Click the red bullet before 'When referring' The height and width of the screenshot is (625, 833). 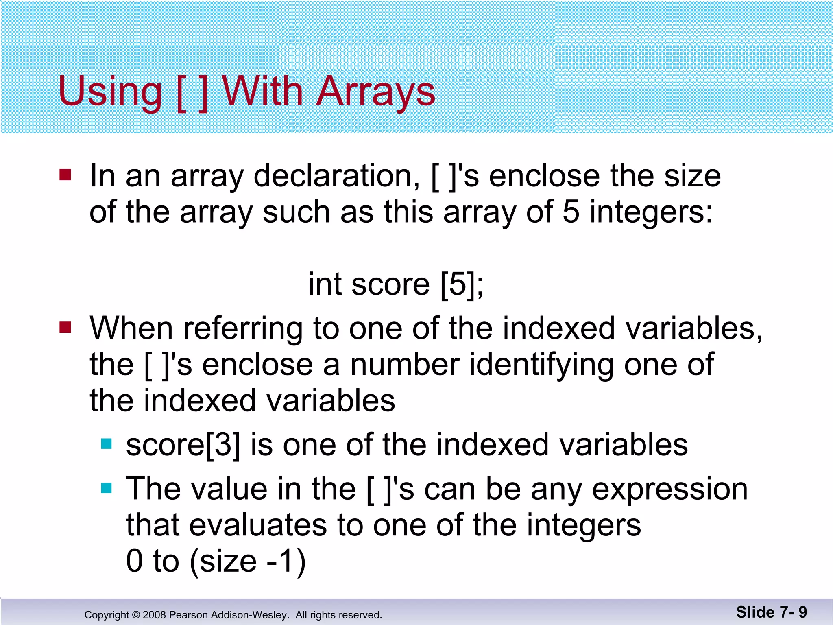point(65,327)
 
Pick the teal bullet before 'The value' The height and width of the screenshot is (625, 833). point(106,487)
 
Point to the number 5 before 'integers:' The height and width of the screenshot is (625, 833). point(571,212)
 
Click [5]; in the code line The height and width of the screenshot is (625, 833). point(462,284)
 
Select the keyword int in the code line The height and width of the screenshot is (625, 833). point(325,284)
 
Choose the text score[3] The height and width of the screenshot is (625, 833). point(183,444)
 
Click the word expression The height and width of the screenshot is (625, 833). point(669,489)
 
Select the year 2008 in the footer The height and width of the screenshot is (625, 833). point(154,615)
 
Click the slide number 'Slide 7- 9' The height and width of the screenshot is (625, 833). point(771,612)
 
